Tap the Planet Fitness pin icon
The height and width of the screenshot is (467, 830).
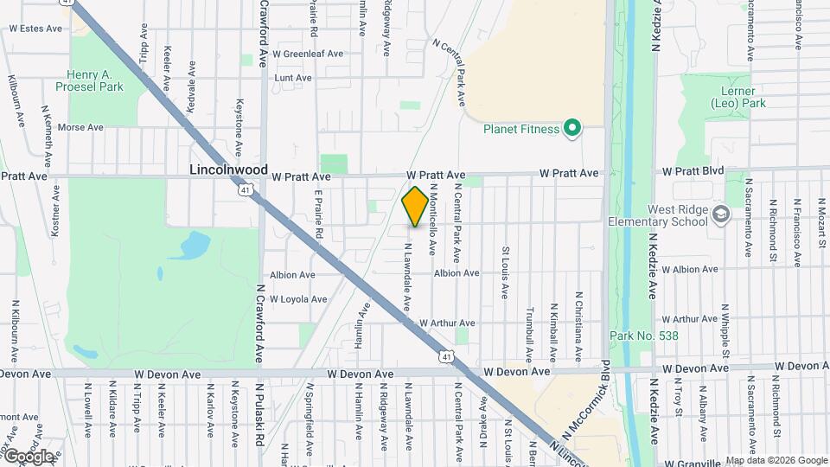point(571,130)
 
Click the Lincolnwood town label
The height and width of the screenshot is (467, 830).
point(229,170)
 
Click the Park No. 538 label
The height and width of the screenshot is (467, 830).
point(643,336)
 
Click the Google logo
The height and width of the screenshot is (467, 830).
point(29,456)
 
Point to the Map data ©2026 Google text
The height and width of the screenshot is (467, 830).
point(776,460)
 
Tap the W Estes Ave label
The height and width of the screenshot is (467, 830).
point(35,29)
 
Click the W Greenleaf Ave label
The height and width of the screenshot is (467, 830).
point(308,54)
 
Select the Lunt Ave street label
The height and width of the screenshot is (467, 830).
point(292,78)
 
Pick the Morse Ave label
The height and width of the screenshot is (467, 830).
point(80,127)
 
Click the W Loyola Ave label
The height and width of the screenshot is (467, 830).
point(298,299)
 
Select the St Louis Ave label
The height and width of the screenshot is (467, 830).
point(505,273)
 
